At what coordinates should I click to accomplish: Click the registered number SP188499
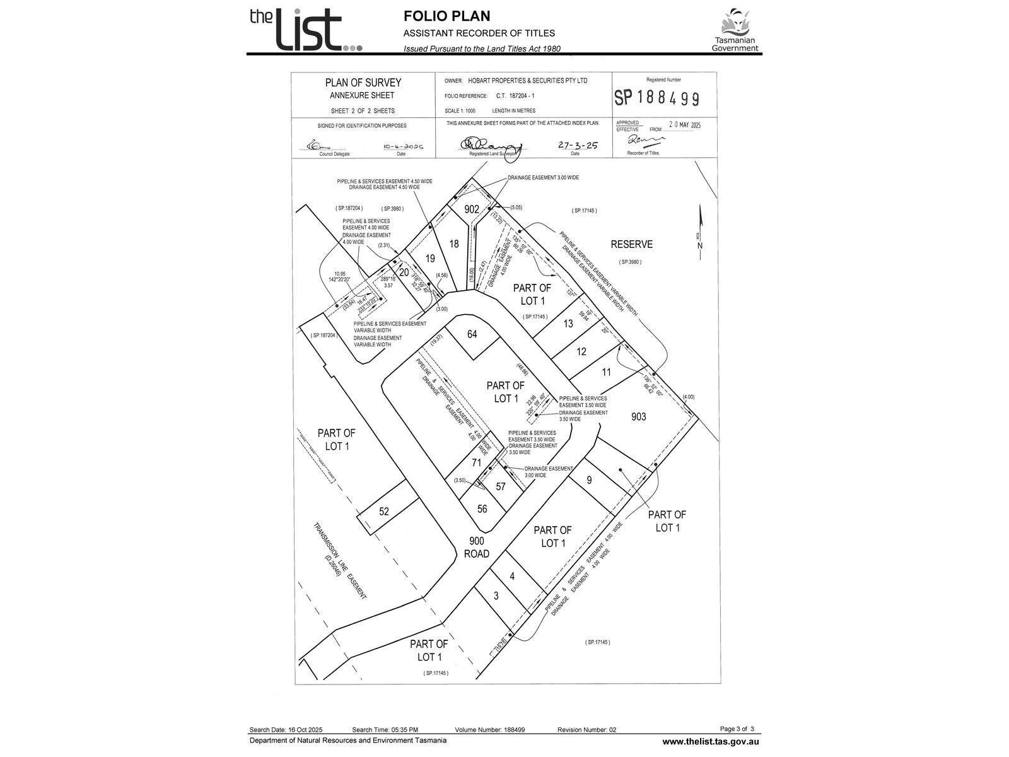[656, 98]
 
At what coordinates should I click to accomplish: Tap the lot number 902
[472, 209]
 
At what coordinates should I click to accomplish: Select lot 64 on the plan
[472, 334]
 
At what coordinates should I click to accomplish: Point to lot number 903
[638, 417]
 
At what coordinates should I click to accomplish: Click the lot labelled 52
[384, 512]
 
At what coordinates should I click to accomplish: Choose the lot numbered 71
[476, 463]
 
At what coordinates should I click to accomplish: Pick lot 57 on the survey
[501, 486]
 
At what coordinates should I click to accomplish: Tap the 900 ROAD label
[476, 548]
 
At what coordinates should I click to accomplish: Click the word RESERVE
[631, 245]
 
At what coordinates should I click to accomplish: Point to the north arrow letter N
[700, 245]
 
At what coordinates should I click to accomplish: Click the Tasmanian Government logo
[735, 30]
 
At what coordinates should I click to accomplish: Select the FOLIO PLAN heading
[446, 16]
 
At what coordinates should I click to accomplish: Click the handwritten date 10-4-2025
[404, 146]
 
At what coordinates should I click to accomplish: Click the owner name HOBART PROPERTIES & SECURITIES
[525, 81]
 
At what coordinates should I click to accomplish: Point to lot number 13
[568, 324]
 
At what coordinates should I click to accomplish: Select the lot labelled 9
[589, 480]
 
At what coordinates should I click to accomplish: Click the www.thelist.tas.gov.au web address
[710, 742]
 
